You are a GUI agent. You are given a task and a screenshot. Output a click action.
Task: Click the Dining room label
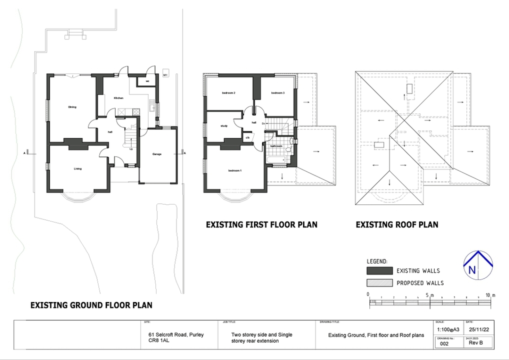tap(72, 106)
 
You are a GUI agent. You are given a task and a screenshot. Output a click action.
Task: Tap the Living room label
tap(77, 168)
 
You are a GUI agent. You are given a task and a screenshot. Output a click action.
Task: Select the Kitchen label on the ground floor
tap(118, 98)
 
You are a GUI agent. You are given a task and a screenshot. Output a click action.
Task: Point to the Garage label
tap(157, 154)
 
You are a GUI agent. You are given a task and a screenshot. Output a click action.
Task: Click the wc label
tap(147, 81)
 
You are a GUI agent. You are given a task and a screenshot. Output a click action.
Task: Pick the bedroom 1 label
tap(235, 171)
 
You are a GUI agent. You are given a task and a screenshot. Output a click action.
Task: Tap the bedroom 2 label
tap(228, 93)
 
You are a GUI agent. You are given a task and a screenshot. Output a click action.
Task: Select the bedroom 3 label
tap(278, 93)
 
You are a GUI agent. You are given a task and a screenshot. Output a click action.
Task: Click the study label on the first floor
tap(224, 125)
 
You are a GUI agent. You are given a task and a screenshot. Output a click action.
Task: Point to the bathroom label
tap(276, 146)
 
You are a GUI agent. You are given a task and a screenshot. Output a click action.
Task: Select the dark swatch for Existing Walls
tap(379, 270)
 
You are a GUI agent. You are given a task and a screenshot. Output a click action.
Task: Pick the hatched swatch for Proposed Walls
tap(379, 282)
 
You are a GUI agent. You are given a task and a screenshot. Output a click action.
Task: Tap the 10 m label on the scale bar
tap(489, 295)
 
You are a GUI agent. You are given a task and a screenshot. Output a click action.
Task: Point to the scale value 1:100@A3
tap(447, 329)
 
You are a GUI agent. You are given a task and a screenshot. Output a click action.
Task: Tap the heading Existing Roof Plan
tap(397, 225)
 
